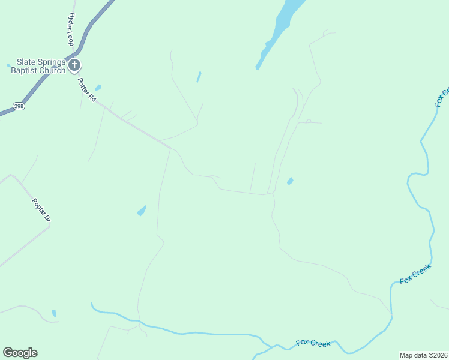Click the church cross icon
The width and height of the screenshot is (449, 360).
pos(74,65)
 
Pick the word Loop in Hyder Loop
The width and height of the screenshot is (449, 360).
pos(70,38)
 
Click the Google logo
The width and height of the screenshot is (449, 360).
pos(20,353)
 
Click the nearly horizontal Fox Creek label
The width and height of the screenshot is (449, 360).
pos(313,344)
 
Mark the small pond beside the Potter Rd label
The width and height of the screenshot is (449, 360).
pos(98,88)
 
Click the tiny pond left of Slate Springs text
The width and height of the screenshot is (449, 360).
pos(8,65)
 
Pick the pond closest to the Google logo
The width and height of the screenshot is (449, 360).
pos(54,313)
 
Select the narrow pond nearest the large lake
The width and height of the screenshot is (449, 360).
pos(199,77)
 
